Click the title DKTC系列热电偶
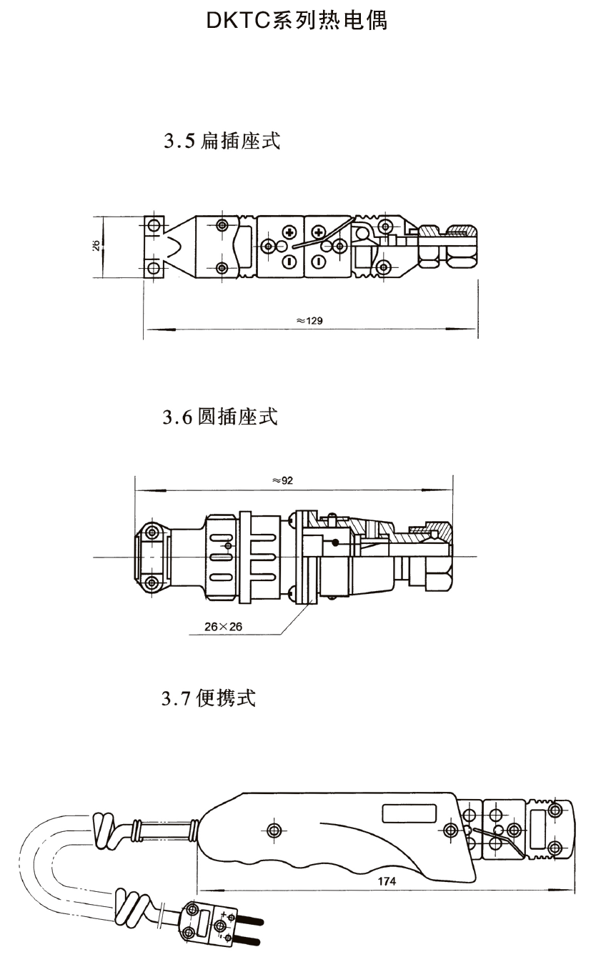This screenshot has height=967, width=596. (x=297, y=21)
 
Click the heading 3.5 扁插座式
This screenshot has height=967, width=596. (x=221, y=141)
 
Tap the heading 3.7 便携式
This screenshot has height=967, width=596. (x=209, y=698)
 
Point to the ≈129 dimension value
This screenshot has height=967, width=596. (x=309, y=321)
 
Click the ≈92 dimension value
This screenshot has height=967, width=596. (x=283, y=480)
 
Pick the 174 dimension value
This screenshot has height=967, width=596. (x=387, y=881)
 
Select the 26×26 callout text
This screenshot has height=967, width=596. (x=224, y=626)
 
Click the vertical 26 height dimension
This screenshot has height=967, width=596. (x=96, y=244)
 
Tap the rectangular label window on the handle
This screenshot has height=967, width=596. (x=410, y=813)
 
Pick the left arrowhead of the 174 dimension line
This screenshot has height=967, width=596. (x=202, y=890)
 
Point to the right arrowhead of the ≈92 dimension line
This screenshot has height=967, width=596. (x=447, y=490)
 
